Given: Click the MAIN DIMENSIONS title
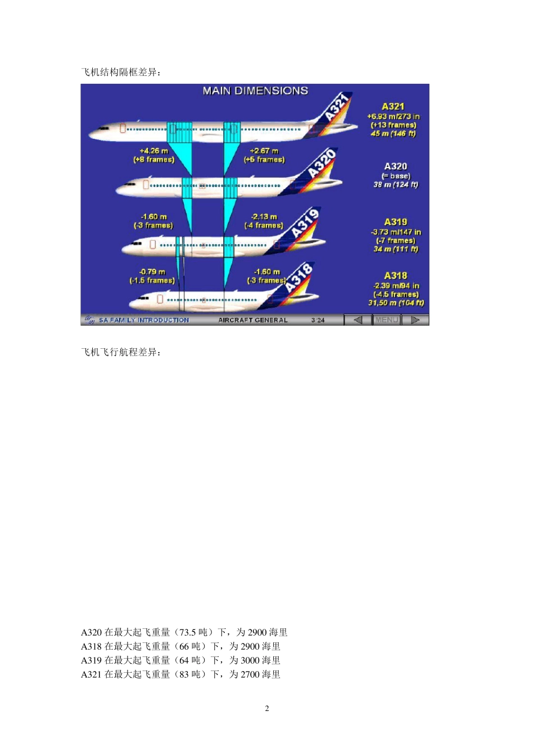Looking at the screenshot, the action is [x=255, y=91].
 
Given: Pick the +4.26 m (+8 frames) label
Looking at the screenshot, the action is [x=154, y=155].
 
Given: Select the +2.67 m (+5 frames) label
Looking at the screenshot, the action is [x=264, y=155].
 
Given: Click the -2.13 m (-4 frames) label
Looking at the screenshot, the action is [x=264, y=221].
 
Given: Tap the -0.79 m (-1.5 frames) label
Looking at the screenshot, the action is [x=152, y=276].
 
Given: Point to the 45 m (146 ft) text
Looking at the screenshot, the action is [x=393, y=134].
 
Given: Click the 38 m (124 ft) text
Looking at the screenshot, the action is [x=396, y=184].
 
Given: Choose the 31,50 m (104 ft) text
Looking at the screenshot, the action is [x=396, y=303].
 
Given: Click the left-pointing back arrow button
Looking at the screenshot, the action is [x=357, y=320].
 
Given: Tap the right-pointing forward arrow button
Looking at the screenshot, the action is [x=415, y=320].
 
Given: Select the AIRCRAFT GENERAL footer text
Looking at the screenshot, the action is [x=253, y=320].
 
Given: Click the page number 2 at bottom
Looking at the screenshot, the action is [x=267, y=709].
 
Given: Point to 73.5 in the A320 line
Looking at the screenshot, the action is [x=189, y=633].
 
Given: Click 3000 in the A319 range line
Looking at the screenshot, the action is [x=250, y=661].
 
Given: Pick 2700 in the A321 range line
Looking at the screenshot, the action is [x=250, y=675].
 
